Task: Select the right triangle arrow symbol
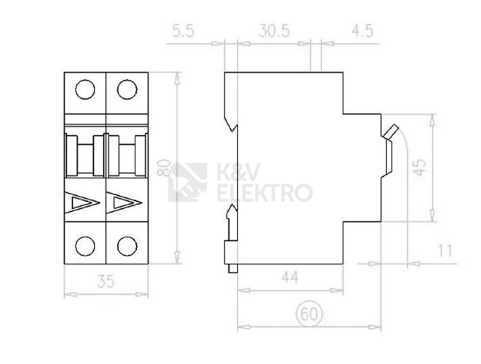coord(123,202)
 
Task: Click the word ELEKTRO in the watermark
coord(264,192)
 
